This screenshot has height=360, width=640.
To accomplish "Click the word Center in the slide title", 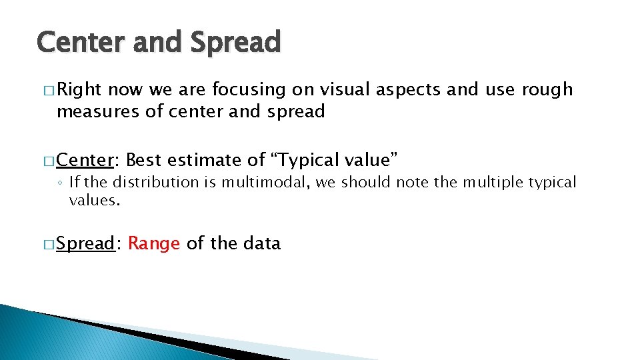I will click(x=82, y=42).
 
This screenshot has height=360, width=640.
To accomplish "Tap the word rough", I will click(x=546, y=90).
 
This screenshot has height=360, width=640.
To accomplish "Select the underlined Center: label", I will click(x=87, y=160).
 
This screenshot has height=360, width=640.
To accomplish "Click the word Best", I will click(x=145, y=160).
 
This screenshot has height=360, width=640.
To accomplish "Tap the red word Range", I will click(x=154, y=244).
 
